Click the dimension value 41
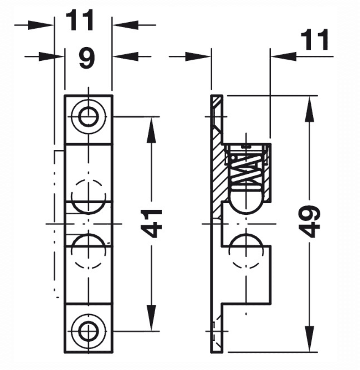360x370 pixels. pyautogui.click(x=151, y=224)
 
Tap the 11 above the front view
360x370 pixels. pyautogui.click(x=80, y=21)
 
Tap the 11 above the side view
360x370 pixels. pyautogui.click(x=314, y=40)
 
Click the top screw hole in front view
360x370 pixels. pyautogui.click(x=89, y=117)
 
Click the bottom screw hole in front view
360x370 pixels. pyautogui.click(x=89, y=331)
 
